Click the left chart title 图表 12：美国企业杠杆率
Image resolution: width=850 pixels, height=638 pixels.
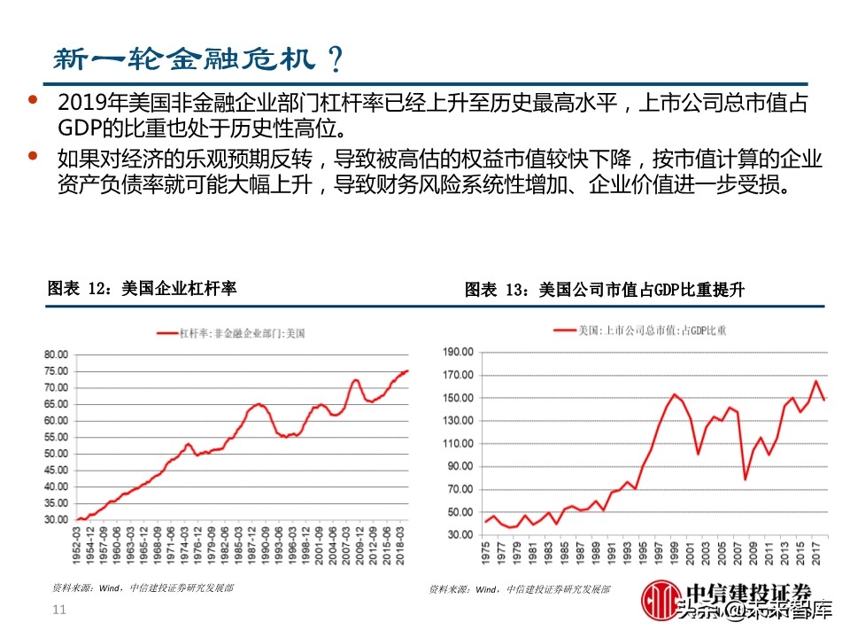tap(142, 289)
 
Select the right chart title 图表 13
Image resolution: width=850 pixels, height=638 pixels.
tap(602, 290)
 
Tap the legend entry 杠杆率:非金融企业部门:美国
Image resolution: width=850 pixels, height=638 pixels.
tap(232, 334)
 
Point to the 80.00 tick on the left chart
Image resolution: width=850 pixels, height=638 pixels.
tap(55, 354)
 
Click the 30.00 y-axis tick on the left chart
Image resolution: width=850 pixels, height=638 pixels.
tap(55, 519)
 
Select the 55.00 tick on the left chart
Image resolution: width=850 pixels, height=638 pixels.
tap(55, 437)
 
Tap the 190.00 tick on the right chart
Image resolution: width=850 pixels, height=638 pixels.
tap(459, 352)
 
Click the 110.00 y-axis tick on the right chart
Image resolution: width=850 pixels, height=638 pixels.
tap(459, 443)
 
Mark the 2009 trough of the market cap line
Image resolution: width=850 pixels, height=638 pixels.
tap(746, 479)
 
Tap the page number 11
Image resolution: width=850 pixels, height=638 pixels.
tap(60, 610)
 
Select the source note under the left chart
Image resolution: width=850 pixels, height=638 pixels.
tap(146, 587)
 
